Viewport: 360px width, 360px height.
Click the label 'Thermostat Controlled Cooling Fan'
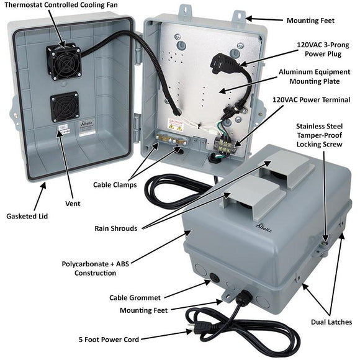point(65,6)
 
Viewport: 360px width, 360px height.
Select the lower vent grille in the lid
point(63,108)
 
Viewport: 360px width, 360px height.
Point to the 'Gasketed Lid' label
point(29,217)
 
